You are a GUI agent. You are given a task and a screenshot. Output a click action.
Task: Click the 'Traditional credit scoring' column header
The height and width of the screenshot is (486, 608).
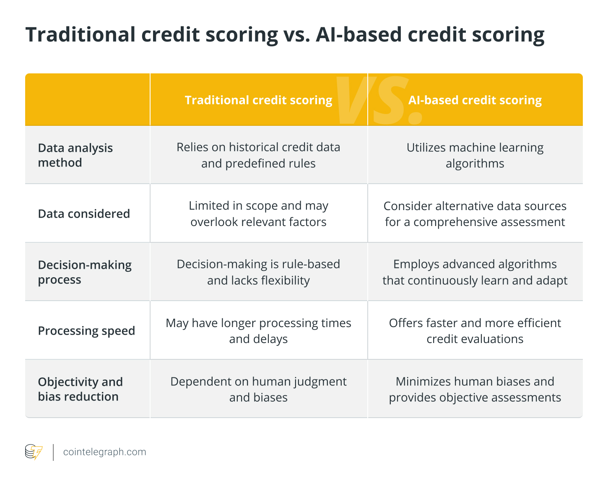coord(258,100)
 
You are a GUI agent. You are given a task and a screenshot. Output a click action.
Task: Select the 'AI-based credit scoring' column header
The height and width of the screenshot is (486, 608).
coord(475,100)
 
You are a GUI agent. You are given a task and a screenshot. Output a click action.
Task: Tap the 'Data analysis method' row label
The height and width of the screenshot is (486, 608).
coord(75,155)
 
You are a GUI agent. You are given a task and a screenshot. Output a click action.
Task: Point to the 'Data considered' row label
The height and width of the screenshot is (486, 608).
coord(84,213)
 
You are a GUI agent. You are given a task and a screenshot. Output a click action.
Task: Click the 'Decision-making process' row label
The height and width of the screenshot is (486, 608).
coord(85,272)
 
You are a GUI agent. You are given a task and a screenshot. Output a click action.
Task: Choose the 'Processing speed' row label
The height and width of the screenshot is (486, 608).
coord(86,330)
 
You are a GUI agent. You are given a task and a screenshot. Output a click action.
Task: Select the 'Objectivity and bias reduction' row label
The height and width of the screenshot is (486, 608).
coord(80,389)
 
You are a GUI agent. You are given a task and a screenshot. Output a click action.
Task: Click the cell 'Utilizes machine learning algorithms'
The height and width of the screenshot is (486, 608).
coord(475,156)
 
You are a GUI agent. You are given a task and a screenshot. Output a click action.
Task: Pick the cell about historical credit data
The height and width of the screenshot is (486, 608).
coord(258,155)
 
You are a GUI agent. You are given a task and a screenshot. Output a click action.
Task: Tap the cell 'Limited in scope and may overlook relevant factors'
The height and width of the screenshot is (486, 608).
coord(258,213)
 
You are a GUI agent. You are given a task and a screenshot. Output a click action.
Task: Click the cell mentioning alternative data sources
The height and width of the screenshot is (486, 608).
coord(475,214)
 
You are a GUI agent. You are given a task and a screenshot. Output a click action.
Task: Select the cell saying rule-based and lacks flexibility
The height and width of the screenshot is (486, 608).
coord(258,272)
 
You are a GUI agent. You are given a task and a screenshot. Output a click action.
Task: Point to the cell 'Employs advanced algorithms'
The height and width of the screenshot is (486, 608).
coord(475,272)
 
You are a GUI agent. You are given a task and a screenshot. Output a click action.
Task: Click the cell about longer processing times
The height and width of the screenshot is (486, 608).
coord(258,330)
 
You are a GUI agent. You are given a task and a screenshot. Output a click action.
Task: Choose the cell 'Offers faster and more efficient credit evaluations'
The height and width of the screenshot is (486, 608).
coord(475,330)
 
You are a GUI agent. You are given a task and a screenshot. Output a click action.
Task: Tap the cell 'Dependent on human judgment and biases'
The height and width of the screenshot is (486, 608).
coord(258,389)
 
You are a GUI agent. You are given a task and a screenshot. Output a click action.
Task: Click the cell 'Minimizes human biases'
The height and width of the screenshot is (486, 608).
coord(475,389)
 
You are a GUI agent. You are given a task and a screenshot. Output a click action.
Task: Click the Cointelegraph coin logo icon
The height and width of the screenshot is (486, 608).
coord(34,452)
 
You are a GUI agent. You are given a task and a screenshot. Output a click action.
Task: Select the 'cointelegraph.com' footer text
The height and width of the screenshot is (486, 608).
coord(104,452)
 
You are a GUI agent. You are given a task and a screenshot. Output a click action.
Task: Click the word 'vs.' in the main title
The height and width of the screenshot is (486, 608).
coord(296,35)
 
